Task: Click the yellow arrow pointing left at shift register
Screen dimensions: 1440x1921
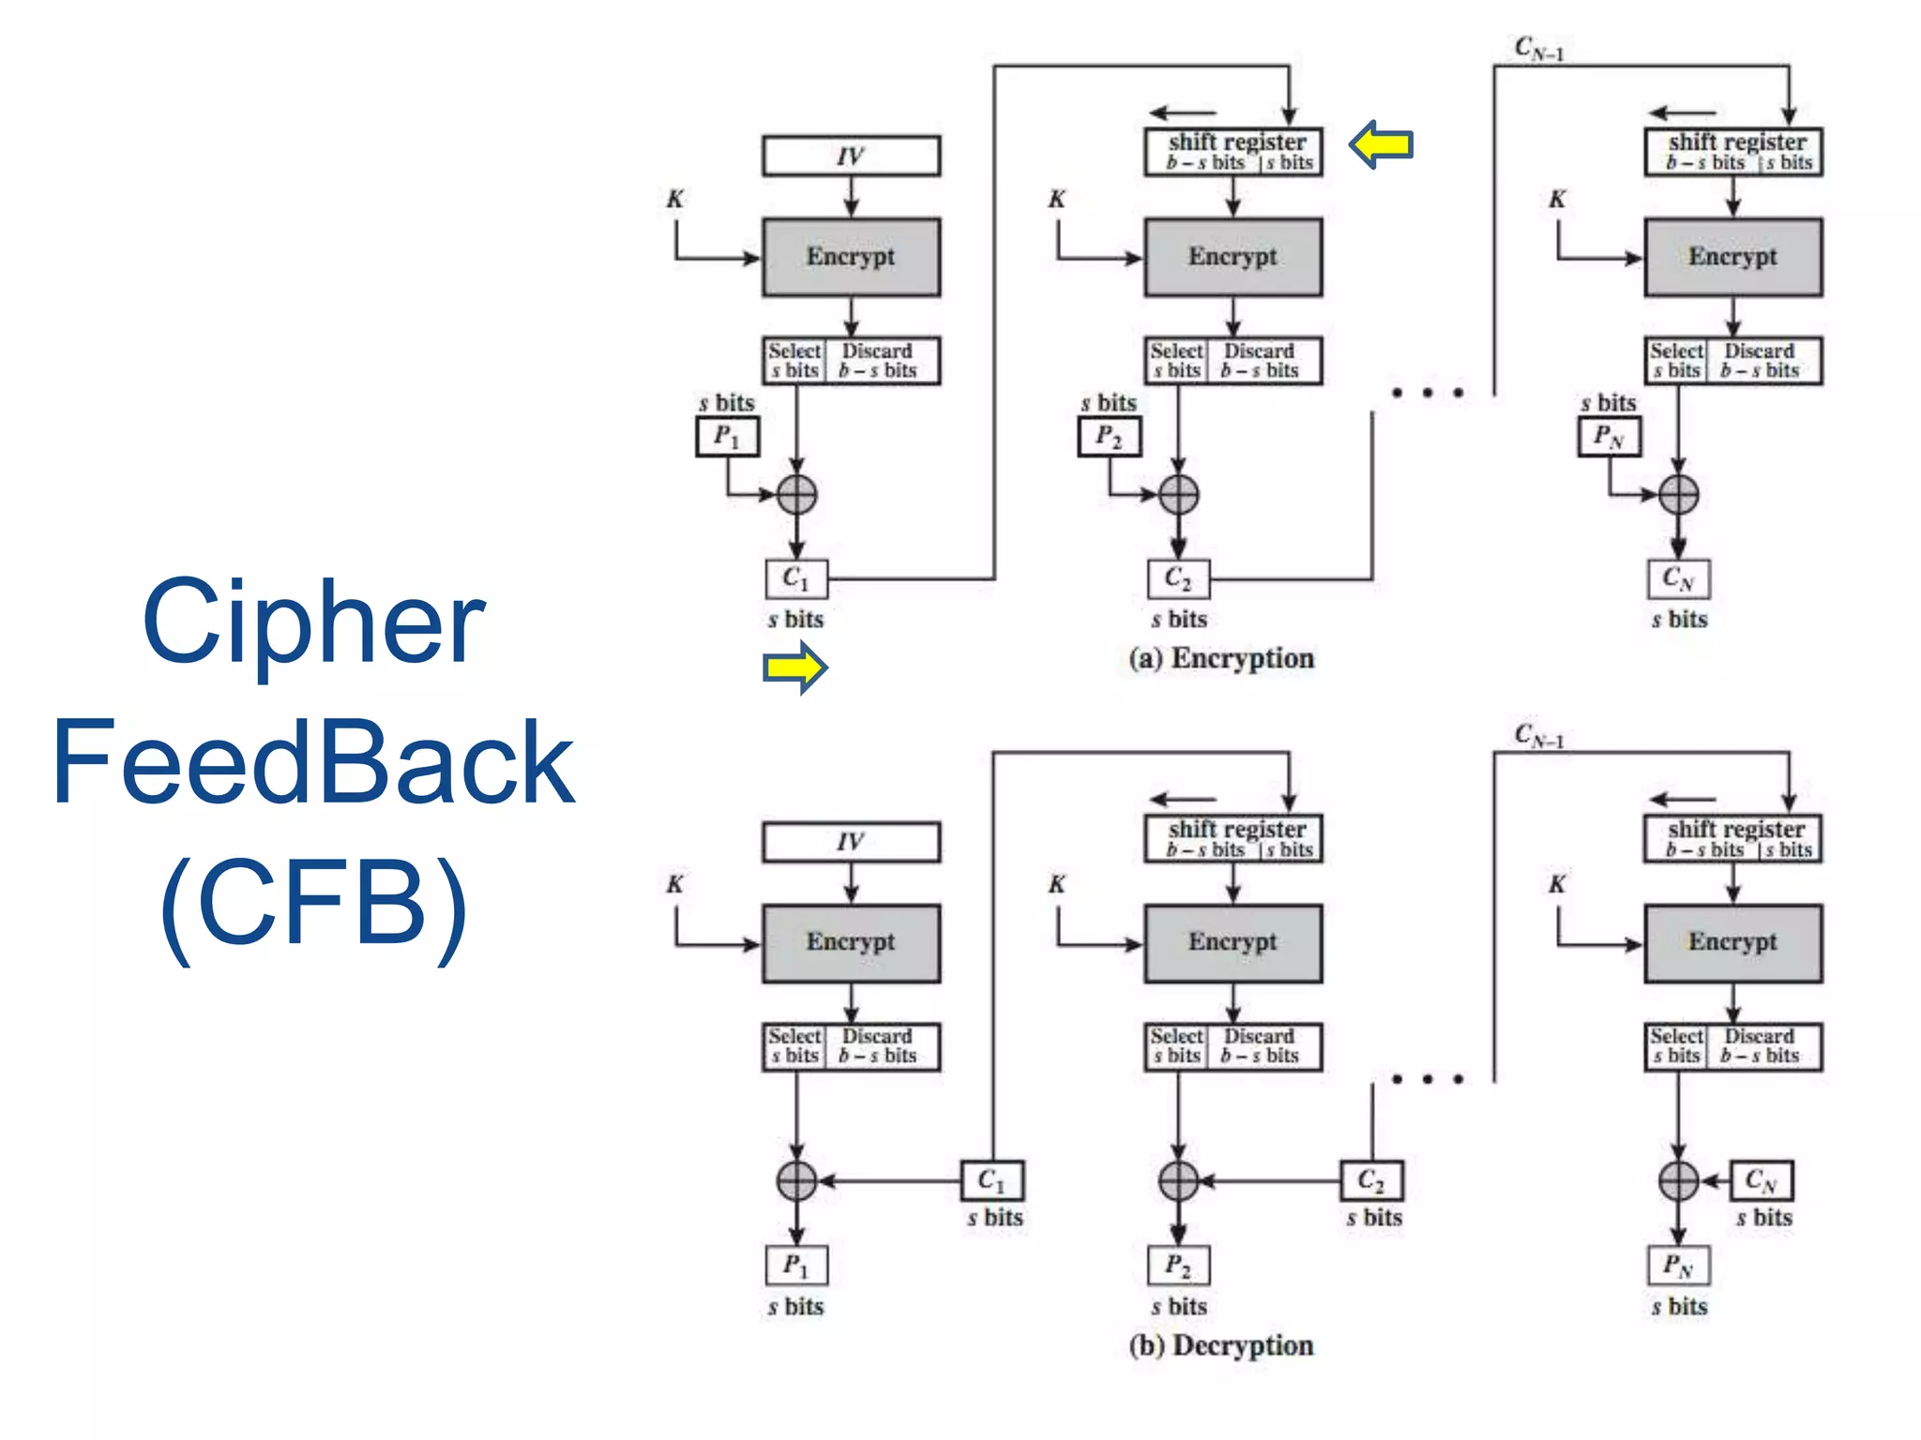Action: [x=1381, y=144]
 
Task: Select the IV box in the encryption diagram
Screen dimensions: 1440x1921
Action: [x=851, y=156]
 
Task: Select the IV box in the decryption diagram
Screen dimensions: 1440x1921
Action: [x=851, y=842]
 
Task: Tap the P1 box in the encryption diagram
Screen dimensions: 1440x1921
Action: [x=727, y=437]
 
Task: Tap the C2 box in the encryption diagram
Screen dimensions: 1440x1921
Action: [x=1178, y=578]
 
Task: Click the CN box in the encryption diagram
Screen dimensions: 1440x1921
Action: [x=1678, y=578]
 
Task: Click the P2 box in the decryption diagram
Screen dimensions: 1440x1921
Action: [x=1178, y=1266]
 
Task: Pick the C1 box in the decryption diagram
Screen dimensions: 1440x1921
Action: [x=991, y=1180]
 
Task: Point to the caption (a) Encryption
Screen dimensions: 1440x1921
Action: [x=1221, y=658]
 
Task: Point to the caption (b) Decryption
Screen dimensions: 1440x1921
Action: [x=1221, y=1345]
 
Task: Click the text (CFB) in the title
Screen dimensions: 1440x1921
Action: [x=313, y=902]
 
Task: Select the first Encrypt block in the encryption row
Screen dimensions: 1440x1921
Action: [x=851, y=257]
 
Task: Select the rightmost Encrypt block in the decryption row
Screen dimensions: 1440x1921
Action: [x=1732, y=943]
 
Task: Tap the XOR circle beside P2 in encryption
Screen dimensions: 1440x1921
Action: [x=1178, y=494]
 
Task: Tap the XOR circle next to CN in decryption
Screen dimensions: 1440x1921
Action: [x=1678, y=1180]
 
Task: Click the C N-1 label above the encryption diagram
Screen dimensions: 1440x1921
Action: [x=1539, y=49]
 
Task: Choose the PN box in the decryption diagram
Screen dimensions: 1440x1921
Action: [x=1678, y=1266]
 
